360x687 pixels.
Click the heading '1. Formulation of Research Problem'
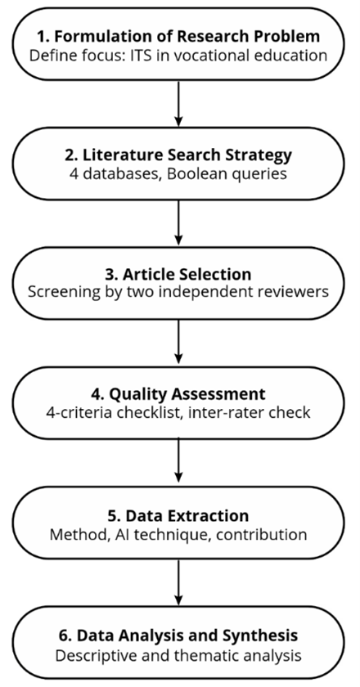178,37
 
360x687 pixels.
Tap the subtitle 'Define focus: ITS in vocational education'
178,56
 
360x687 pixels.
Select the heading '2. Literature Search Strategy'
178,155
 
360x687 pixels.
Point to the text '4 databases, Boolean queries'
178,174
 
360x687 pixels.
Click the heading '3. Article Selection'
178,275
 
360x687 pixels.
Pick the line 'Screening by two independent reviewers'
178,293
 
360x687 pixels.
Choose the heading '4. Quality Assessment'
178,394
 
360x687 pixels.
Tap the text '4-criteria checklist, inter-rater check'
178,412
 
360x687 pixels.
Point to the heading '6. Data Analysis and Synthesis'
178,635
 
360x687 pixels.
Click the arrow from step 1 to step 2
178,103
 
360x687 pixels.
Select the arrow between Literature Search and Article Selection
178,223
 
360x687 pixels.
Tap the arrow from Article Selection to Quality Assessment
178,343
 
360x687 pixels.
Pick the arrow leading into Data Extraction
178,462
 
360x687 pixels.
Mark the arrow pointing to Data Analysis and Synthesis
178,582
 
